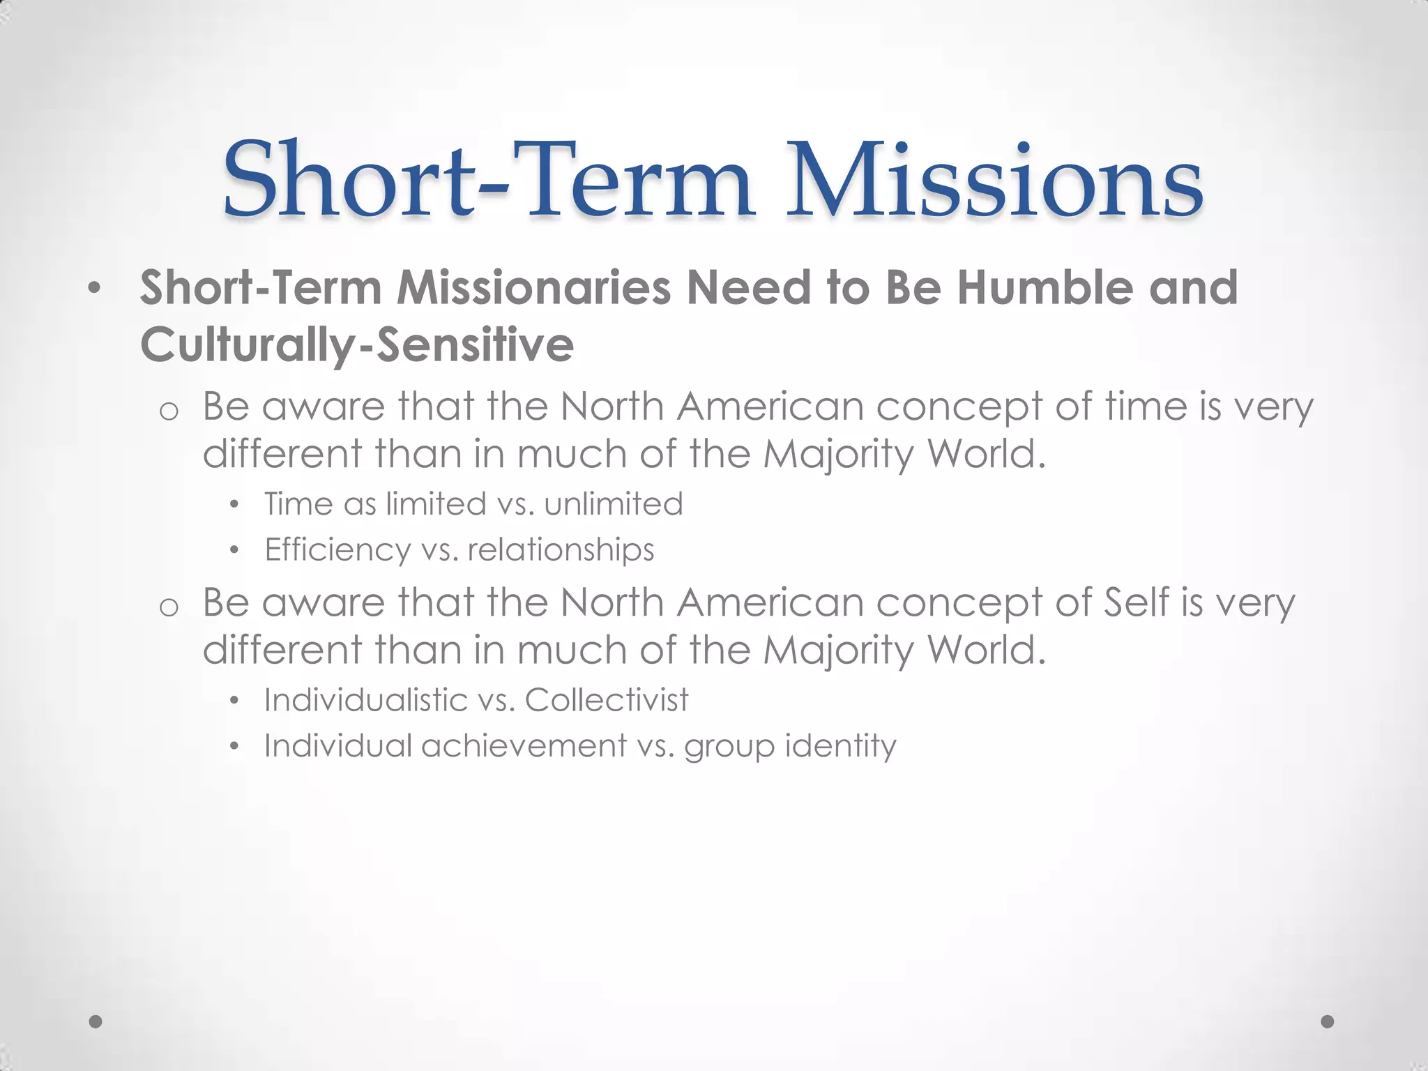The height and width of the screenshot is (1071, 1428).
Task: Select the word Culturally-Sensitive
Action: tap(357, 345)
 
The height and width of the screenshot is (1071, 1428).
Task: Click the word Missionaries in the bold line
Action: tap(533, 288)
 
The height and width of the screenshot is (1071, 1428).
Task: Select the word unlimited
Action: tap(614, 504)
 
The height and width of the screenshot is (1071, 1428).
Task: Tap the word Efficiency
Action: tap(338, 550)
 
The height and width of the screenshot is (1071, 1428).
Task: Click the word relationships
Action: tap(561, 550)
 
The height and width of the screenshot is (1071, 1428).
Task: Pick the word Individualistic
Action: tap(365, 700)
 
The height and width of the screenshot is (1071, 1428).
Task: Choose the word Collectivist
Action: tap(607, 700)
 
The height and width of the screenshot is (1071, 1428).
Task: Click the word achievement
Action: tap(524, 746)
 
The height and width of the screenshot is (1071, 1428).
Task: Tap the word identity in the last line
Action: tap(840, 746)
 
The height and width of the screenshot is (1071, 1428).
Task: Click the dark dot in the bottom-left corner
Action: tap(96, 1021)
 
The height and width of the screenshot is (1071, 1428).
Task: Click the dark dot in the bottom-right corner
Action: tap(1328, 1021)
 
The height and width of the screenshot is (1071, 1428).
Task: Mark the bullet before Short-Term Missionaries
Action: tap(94, 289)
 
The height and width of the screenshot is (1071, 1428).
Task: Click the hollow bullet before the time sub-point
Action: tap(169, 411)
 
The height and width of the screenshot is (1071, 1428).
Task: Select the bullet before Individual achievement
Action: tap(234, 747)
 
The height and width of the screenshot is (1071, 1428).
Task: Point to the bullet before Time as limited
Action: tap(234, 505)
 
